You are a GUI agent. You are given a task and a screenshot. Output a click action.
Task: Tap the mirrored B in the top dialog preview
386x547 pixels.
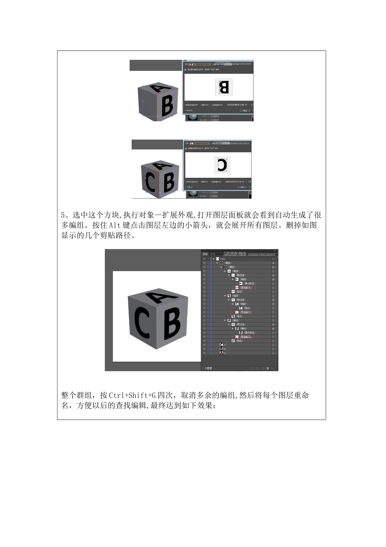[x=224, y=87]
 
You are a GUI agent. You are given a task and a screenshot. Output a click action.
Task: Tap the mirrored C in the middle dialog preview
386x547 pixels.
[x=221, y=164]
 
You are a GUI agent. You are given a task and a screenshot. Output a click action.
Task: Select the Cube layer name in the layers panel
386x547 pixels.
[x=223, y=259]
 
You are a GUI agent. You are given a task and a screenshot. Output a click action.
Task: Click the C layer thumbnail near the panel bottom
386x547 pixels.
[x=221, y=345]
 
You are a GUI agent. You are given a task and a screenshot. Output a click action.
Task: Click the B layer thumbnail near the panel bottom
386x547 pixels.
[x=221, y=349]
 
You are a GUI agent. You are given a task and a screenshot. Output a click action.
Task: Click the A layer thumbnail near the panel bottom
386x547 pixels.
[x=221, y=353]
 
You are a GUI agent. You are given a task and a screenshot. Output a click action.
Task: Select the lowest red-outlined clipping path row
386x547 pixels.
[x=245, y=337]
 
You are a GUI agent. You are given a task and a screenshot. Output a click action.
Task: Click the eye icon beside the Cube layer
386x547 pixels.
[x=204, y=259]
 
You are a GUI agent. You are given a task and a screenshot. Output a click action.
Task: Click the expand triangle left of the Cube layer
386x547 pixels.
[x=213, y=259]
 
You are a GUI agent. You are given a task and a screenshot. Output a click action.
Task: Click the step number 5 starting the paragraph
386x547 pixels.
[x=63, y=215]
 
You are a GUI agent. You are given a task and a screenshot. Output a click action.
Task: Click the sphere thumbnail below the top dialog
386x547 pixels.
[x=193, y=117]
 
